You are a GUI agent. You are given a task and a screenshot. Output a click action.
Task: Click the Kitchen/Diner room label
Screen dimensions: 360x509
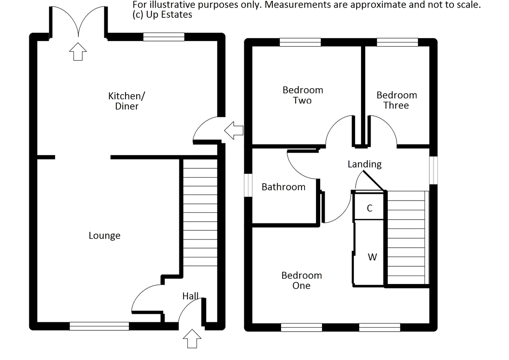tap(127, 101)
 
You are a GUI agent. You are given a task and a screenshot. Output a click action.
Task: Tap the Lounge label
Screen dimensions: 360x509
tap(104, 235)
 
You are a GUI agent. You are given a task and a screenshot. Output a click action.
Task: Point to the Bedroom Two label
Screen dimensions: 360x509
tap(302, 95)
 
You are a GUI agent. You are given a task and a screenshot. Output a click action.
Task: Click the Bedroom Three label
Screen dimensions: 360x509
tap(396, 100)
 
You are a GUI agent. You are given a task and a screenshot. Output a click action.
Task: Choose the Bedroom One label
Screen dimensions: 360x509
tap(302, 280)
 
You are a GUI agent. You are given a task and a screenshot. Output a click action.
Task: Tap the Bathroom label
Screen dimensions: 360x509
tap(283, 187)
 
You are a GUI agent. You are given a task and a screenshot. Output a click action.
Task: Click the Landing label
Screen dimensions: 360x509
tap(364, 164)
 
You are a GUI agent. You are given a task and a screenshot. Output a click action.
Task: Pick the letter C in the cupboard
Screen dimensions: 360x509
tap(369, 208)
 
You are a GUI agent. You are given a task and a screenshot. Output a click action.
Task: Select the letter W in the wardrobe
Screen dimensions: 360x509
tap(372, 257)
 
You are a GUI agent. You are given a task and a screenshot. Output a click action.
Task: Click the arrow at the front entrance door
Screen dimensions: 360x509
tap(191, 339)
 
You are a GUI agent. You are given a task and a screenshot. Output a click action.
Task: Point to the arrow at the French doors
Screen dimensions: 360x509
tap(78, 52)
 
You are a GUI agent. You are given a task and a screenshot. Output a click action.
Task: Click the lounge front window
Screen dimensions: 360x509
tap(99, 326)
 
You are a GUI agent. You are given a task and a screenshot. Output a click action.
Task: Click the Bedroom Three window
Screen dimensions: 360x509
tap(397, 42)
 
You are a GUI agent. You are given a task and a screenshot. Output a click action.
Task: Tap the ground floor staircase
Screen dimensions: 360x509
tap(200, 212)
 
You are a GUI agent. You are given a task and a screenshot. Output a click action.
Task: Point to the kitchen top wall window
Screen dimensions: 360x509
tap(164, 37)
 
